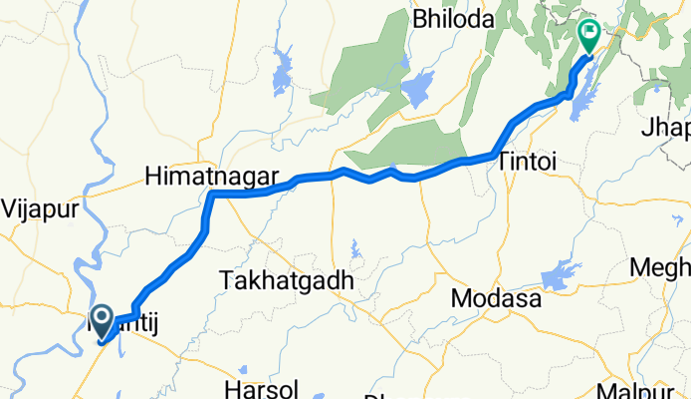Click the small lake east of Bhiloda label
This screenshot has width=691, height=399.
point(418,87)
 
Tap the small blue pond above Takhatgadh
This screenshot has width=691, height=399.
point(355,246)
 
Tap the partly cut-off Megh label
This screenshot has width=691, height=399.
point(660,268)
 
